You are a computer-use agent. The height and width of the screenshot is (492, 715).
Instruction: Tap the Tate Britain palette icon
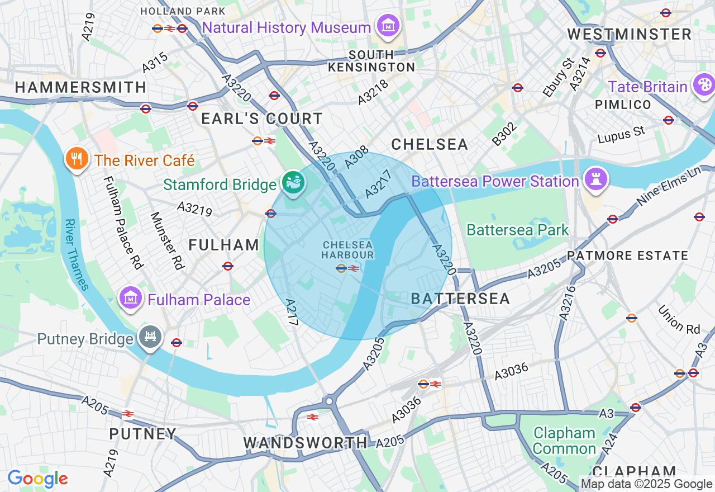pyautogui.click(x=703, y=86)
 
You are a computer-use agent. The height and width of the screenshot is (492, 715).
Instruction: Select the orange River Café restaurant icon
pyautogui.click(x=77, y=159)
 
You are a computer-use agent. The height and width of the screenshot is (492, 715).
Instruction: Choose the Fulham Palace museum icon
pyautogui.click(x=131, y=298)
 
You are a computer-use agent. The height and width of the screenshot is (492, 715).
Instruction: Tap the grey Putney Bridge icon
pyautogui.click(x=151, y=338)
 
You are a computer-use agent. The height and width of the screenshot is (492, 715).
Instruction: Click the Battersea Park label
pyautogui.click(x=517, y=230)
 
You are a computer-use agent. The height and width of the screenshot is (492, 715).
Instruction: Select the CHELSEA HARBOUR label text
pyautogui.click(x=347, y=250)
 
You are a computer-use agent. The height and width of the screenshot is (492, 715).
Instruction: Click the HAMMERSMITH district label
pyautogui.click(x=80, y=87)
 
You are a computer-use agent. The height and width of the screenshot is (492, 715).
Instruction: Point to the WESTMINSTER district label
pyautogui.click(x=630, y=35)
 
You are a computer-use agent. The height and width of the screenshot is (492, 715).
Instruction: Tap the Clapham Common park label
pyautogui.click(x=564, y=441)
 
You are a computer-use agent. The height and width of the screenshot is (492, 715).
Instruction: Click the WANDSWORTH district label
pyautogui.click(x=306, y=443)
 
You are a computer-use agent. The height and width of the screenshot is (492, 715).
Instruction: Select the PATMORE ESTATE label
pyautogui.click(x=628, y=256)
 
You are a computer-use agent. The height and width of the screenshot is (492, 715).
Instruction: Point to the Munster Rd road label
pyautogui.click(x=167, y=240)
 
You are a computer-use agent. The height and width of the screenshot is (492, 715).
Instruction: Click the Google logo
pyautogui.click(x=37, y=479)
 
